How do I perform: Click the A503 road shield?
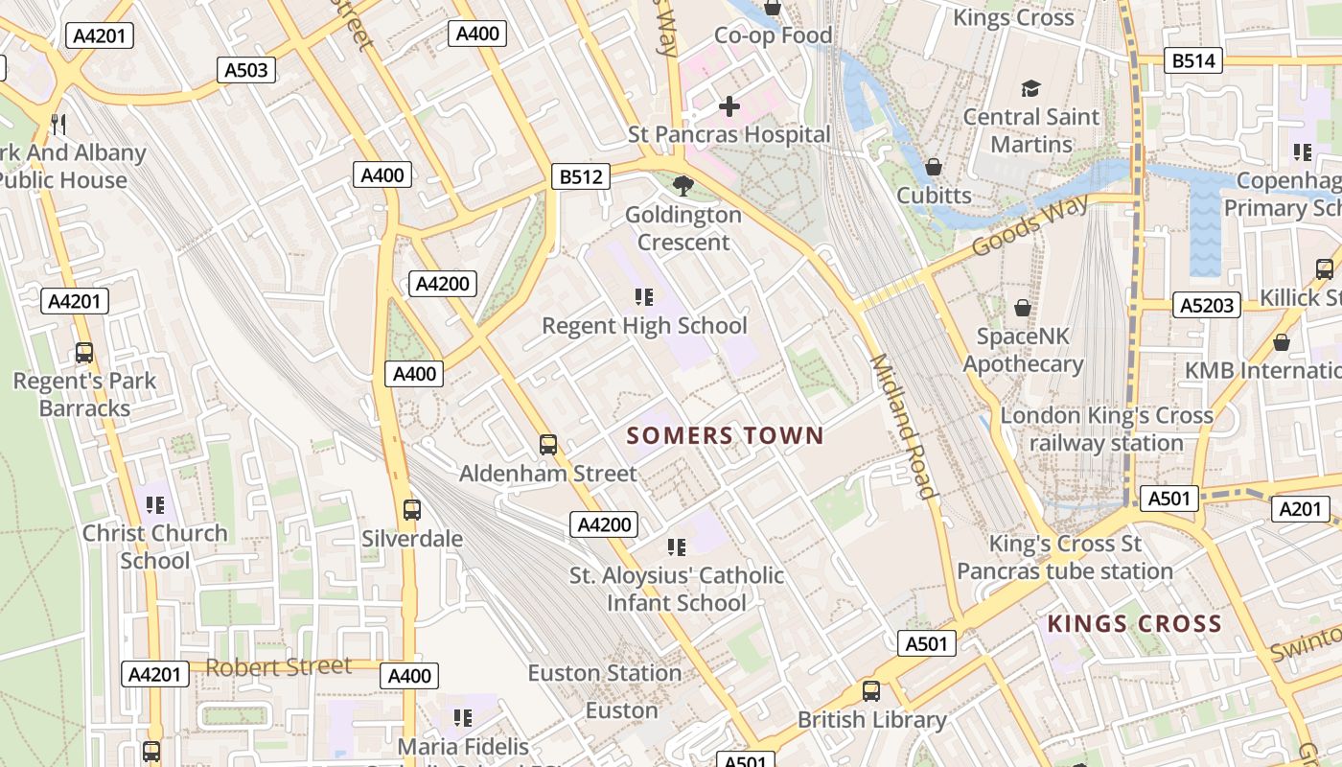(246, 70)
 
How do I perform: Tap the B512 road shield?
(581, 176)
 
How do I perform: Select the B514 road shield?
(1193, 61)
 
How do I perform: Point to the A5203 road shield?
(1207, 306)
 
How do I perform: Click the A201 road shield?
(1301, 509)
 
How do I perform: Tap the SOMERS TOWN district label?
(726, 436)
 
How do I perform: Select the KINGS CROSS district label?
(1134, 624)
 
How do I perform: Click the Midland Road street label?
(902, 427)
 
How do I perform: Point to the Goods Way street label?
(1030, 226)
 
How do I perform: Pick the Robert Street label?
(279, 666)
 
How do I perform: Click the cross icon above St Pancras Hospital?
(729, 106)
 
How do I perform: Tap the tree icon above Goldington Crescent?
(683, 186)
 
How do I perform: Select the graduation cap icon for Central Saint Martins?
(1030, 89)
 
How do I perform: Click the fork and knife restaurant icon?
(58, 124)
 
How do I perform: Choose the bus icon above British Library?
(870, 691)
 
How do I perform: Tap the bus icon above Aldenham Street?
(548, 445)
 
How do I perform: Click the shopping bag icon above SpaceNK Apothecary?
(1023, 308)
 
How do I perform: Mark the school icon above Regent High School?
(644, 297)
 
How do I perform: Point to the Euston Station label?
(605, 673)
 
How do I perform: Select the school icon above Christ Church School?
(154, 504)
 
